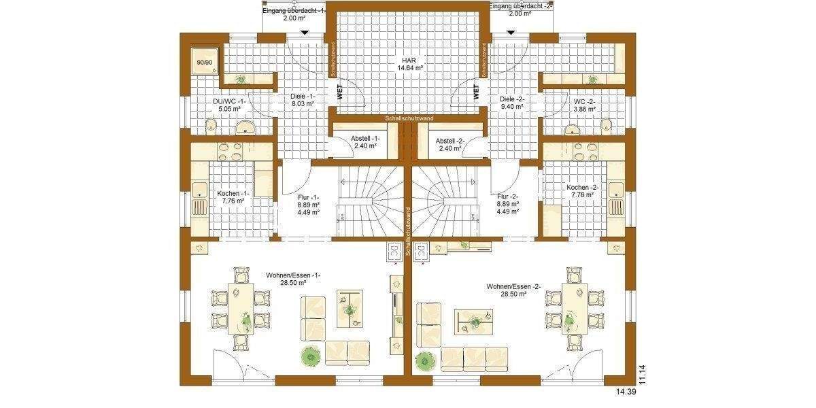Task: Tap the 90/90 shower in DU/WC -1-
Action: point(203,62)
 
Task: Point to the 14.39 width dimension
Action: point(626,392)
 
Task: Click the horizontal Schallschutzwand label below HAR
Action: point(408,118)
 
